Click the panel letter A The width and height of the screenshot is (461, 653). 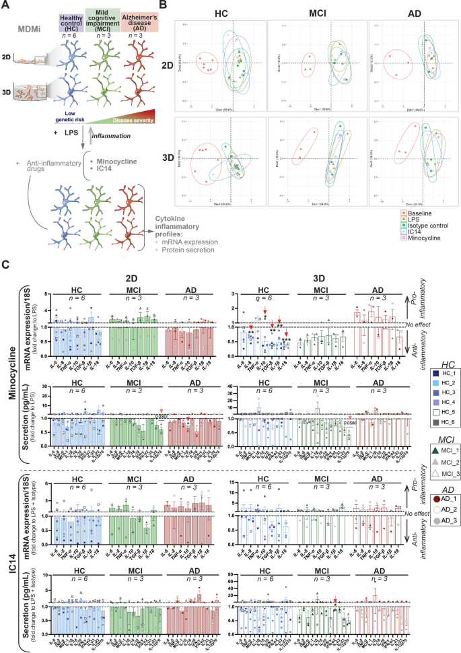tap(5, 6)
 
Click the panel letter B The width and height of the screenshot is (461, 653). tap(179, 6)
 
